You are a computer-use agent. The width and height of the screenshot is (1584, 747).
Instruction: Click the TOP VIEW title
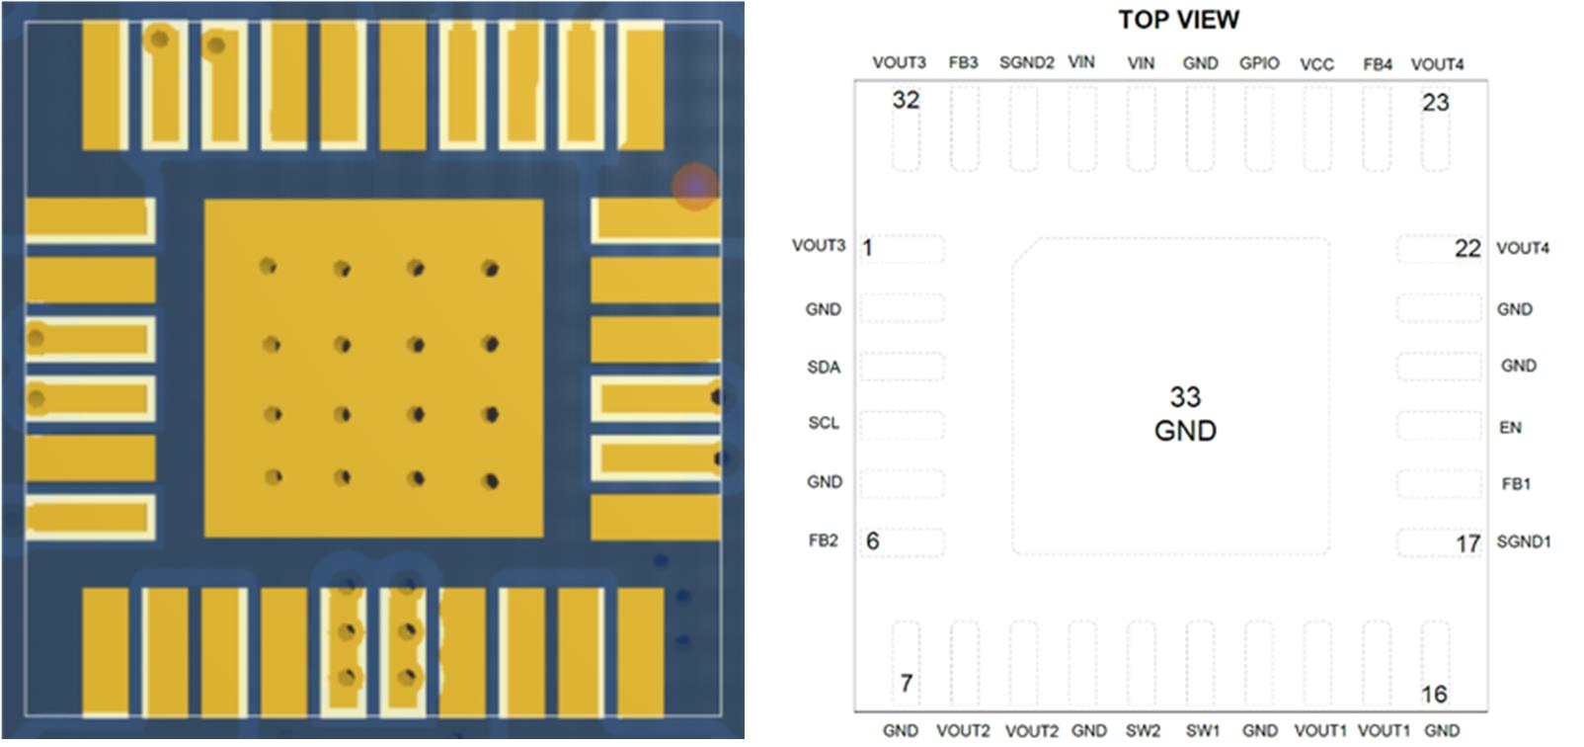[1178, 20]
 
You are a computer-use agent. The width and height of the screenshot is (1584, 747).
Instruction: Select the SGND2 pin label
[1026, 63]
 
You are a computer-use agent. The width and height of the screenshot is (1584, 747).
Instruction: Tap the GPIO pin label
[1259, 63]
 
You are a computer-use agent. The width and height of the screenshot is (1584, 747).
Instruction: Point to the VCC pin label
[1316, 64]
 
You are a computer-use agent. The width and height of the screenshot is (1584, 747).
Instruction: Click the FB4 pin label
[1377, 64]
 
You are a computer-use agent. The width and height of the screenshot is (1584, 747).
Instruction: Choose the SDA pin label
[824, 368]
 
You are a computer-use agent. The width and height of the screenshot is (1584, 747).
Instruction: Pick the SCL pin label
[824, 423]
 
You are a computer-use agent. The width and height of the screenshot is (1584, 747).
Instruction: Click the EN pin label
[1510, 428]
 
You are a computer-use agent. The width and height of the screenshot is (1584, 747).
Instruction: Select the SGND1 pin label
[1524, 541]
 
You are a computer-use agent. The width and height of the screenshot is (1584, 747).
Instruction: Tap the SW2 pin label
[1143, 731]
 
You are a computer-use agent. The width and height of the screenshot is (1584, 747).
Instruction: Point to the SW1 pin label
[1202, 731]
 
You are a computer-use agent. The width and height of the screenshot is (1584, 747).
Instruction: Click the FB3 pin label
[963, 63]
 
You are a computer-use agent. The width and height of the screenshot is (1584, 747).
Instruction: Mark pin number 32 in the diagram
[906, 100]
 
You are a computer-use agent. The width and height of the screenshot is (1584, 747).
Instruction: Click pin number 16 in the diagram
[1434, 695]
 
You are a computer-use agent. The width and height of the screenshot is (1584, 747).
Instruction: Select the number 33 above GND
[1185, 397]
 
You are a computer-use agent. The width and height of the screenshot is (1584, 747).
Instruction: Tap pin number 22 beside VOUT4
[1467, 249]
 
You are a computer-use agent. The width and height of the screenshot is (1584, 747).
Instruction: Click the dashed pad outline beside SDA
[902, 368]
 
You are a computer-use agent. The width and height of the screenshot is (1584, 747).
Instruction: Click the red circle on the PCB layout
[695, 186]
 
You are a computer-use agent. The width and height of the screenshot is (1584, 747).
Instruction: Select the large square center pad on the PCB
[373, 369]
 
